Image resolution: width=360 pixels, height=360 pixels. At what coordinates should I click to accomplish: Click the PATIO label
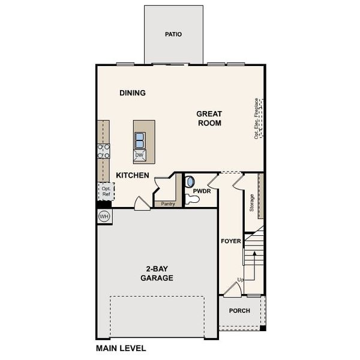pyautogui.click(x=173, y=34)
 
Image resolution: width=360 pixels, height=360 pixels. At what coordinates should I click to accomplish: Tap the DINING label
pyautogui.click(x=133, y=93)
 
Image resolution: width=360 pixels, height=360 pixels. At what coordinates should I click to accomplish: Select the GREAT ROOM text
pyautogui.click(x=209, y=118)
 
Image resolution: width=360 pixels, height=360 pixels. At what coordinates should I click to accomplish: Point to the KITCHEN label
pyautogui.click(x=133, y=175)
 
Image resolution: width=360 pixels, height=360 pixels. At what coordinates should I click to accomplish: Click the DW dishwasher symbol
pyautogui.click(x=139, y=155)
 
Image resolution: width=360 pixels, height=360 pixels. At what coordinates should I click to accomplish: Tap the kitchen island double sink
pyautogui.click(x=140, y=140)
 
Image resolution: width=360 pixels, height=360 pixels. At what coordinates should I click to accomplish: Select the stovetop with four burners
pyautogui.click(x=103, y=151)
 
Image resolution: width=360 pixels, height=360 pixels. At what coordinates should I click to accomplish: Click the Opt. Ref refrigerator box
pyautogui.click(x=106, y=191)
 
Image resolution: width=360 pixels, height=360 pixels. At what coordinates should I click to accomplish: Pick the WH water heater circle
pyautogui.click(x=104, y=216)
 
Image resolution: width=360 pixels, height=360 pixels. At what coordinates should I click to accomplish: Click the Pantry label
pyautogui.click(x=168, y=203)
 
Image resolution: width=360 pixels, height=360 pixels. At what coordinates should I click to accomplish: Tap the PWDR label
pyautogui.click(x=202, y=191)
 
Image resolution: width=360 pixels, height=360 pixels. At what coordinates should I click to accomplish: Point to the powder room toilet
pyautogui.click(x=192, y=199)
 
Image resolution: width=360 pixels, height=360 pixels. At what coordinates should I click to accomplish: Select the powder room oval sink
pyautogui.click(x=190, y=182)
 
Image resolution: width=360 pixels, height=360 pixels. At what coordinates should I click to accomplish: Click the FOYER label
pyautogui.click(x=231, y=241)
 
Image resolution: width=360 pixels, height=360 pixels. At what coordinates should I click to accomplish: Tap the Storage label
pyautogui.click(x=252, y=203)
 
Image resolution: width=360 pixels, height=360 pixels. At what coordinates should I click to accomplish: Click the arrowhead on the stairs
pyautogui.click(x=254, y=253)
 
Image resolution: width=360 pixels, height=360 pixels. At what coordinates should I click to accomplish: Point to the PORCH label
pyautogui.click(x=239, y=311)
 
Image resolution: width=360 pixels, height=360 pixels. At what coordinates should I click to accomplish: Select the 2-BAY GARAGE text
pyautogui.click(x=157, y=273)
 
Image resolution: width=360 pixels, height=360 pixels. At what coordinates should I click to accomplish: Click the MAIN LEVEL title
pyautogui.click(x=121, y=348)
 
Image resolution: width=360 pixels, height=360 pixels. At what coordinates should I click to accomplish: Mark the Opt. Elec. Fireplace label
pyautogui.click(x=256, y=118)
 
